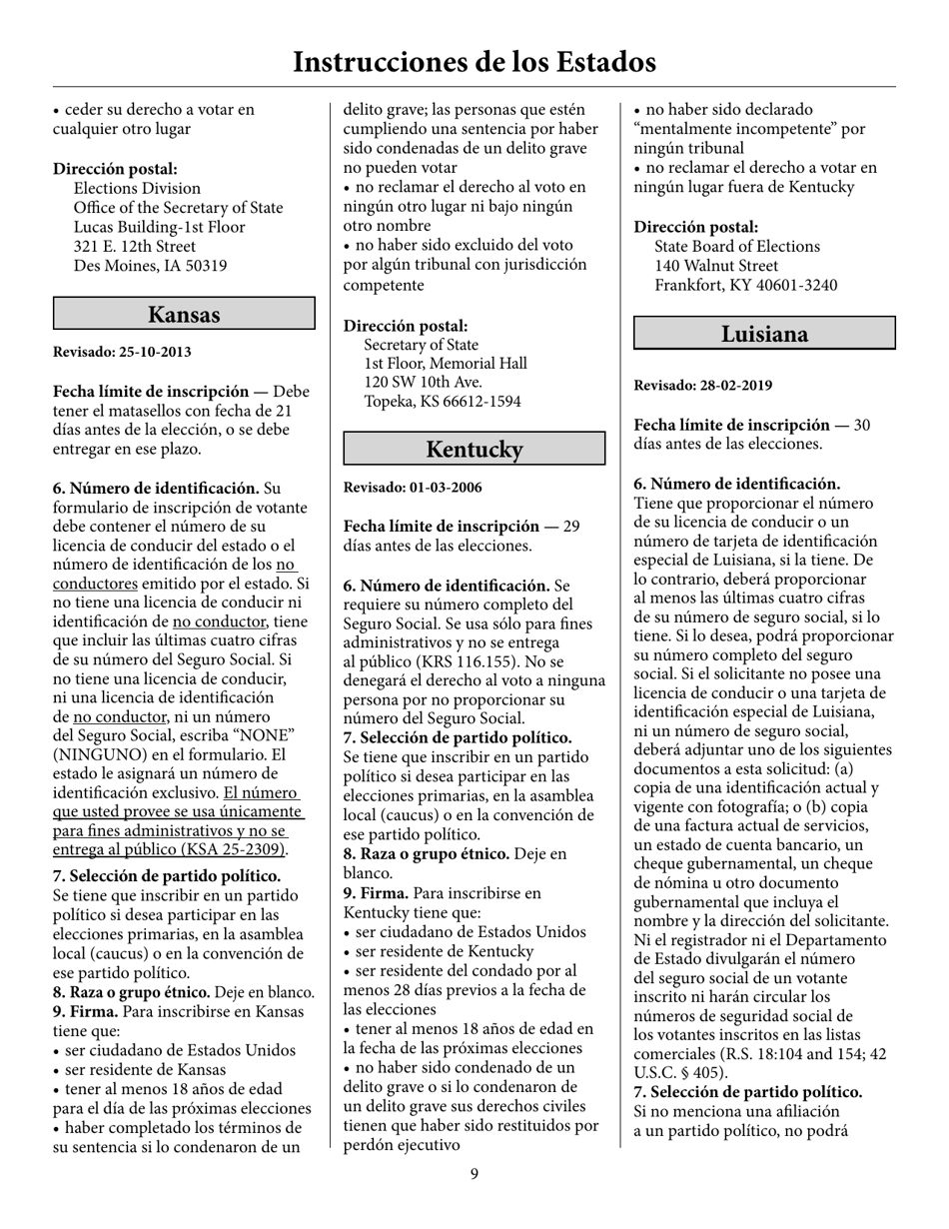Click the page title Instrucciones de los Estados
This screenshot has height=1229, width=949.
(474, 62)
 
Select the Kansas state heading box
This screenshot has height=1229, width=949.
(184, 314)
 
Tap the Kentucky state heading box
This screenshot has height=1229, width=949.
(474, 449)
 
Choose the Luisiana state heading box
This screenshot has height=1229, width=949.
(764, 333)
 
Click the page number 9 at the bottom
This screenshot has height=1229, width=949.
(474, 1173)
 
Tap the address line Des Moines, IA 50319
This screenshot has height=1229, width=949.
(150, 266)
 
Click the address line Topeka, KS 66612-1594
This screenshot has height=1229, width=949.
(442, 401)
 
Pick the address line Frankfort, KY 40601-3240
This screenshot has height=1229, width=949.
(745, 285)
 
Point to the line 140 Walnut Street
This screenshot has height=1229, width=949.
(715, 266)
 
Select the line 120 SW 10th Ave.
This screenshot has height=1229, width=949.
(424, 382)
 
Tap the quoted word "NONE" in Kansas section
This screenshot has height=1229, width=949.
(231, 735)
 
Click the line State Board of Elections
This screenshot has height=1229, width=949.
(737, 246)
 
